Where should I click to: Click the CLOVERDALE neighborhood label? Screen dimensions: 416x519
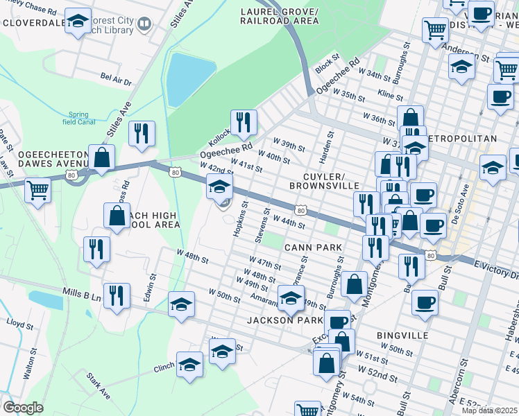click(x=33, y=21)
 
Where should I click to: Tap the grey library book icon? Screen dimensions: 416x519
click(x=144, y=25)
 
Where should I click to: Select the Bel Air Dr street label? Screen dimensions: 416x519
click(x=116, y=81)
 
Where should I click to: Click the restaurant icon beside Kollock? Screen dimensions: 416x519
click(x=243, y=123)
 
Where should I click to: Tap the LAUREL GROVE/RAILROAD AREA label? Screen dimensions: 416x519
click(x=279, y=17)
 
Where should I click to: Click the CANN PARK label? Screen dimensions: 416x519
click(x=312, y=248)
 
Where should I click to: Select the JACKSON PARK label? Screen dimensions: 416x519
click(x=284, y=320)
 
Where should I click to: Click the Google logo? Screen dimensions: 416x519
click(x=23, y=408)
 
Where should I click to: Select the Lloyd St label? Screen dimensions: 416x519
click(x=19, y=323)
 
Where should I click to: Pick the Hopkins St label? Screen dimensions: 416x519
click(x=240, y=219)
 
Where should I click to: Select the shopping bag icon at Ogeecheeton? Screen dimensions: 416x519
click(x=102, y=159)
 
